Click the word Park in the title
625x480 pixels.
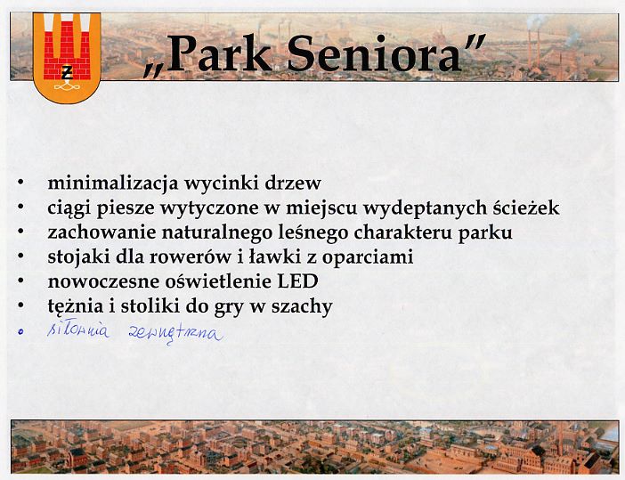(220, 53)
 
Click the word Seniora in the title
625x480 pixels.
(374, 53)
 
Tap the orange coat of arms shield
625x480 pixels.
(67, 57)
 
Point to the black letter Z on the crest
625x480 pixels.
(67, 73)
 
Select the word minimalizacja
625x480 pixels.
(113, 183)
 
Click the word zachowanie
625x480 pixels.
(101, 232)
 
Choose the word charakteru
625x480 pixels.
(402, 232)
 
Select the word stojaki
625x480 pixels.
(79, 257)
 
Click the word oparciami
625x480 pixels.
(368, 258)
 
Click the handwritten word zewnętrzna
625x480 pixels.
(175, 334)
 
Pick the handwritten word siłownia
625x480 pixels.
(78, 330)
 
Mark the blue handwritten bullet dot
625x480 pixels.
(20, 331)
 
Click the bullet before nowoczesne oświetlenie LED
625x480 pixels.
(20, 281)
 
